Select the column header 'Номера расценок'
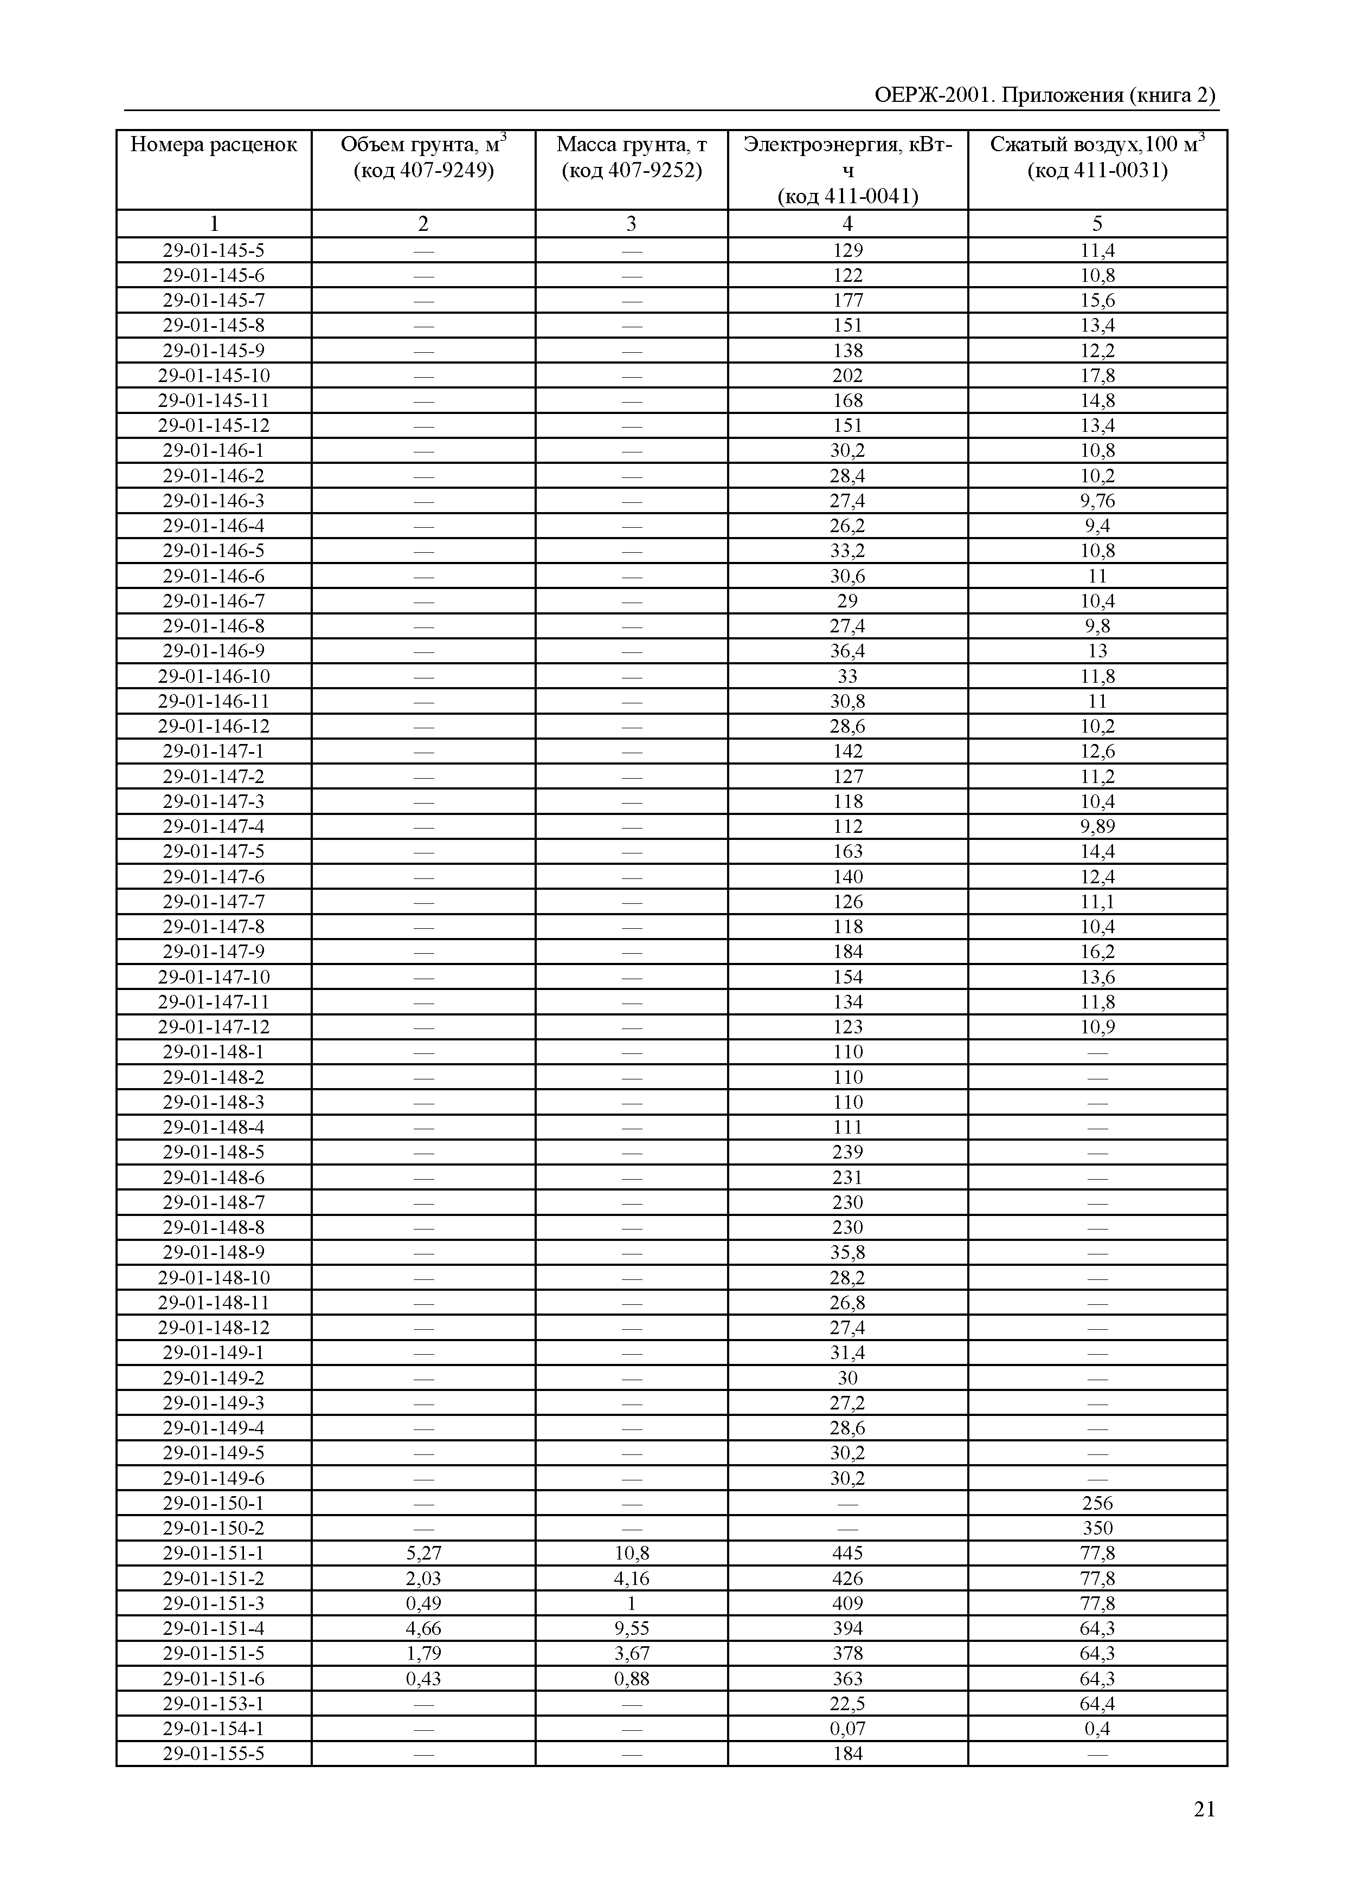(x=214, y=145)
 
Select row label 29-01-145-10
(x=214, y=376)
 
